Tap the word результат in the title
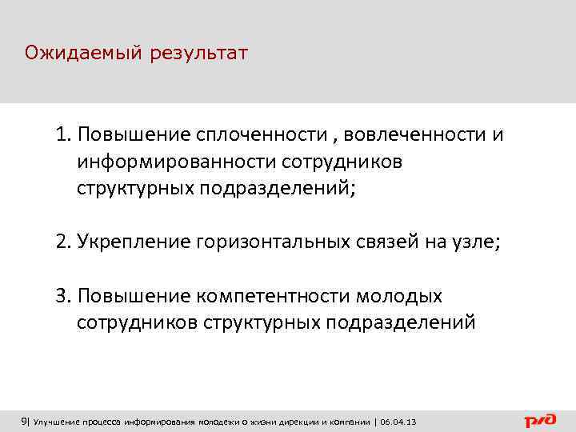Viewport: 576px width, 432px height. [x=198, y=54]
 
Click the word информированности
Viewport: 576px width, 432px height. [x=177, y=162]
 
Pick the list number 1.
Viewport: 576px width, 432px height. [x=62, y=134]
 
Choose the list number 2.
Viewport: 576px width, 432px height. [x=62, y=242]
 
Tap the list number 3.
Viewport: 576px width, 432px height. [x=62, y=296]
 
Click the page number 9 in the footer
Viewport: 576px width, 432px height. [x=23, y=422]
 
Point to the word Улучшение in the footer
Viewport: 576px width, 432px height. [x=56, y=422]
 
